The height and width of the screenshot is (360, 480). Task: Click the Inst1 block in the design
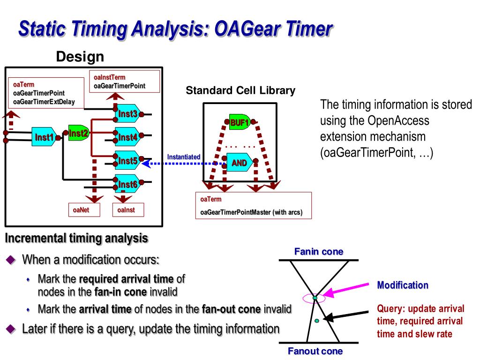tap(45, 137)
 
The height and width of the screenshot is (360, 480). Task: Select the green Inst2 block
tap(78, 134)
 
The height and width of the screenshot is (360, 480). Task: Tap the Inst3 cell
tap(127, 114)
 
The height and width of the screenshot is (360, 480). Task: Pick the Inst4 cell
tap(127, 137)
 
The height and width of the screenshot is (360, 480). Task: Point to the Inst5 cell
tap(127, 161)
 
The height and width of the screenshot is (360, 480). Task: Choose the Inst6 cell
tap(127, 184)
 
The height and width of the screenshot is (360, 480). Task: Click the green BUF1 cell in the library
tap(239, 123)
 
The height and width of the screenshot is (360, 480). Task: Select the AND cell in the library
tap(240, 163)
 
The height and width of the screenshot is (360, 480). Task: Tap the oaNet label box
tap(81, 210)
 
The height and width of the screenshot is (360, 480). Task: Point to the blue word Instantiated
tap(184, 157)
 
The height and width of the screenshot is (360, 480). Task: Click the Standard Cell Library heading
tap(240, 90)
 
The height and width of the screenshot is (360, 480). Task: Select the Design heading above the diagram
tap(80, 57)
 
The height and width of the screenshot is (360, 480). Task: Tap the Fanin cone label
tap(318, 252)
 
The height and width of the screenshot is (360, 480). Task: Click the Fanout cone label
tap(315, 351)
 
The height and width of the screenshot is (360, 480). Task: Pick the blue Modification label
tap(403, 285)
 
